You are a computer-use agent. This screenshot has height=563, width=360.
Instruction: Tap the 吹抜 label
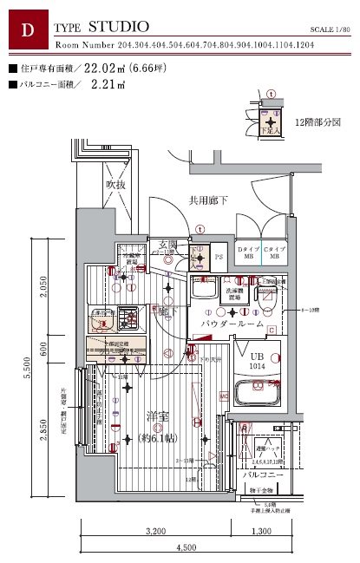pos(116,184)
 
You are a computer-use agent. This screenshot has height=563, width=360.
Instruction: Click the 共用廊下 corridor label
pos(208,200)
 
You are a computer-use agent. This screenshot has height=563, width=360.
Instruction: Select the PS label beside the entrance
pos(219,258)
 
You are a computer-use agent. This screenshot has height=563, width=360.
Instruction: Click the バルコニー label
pos(259,475)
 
